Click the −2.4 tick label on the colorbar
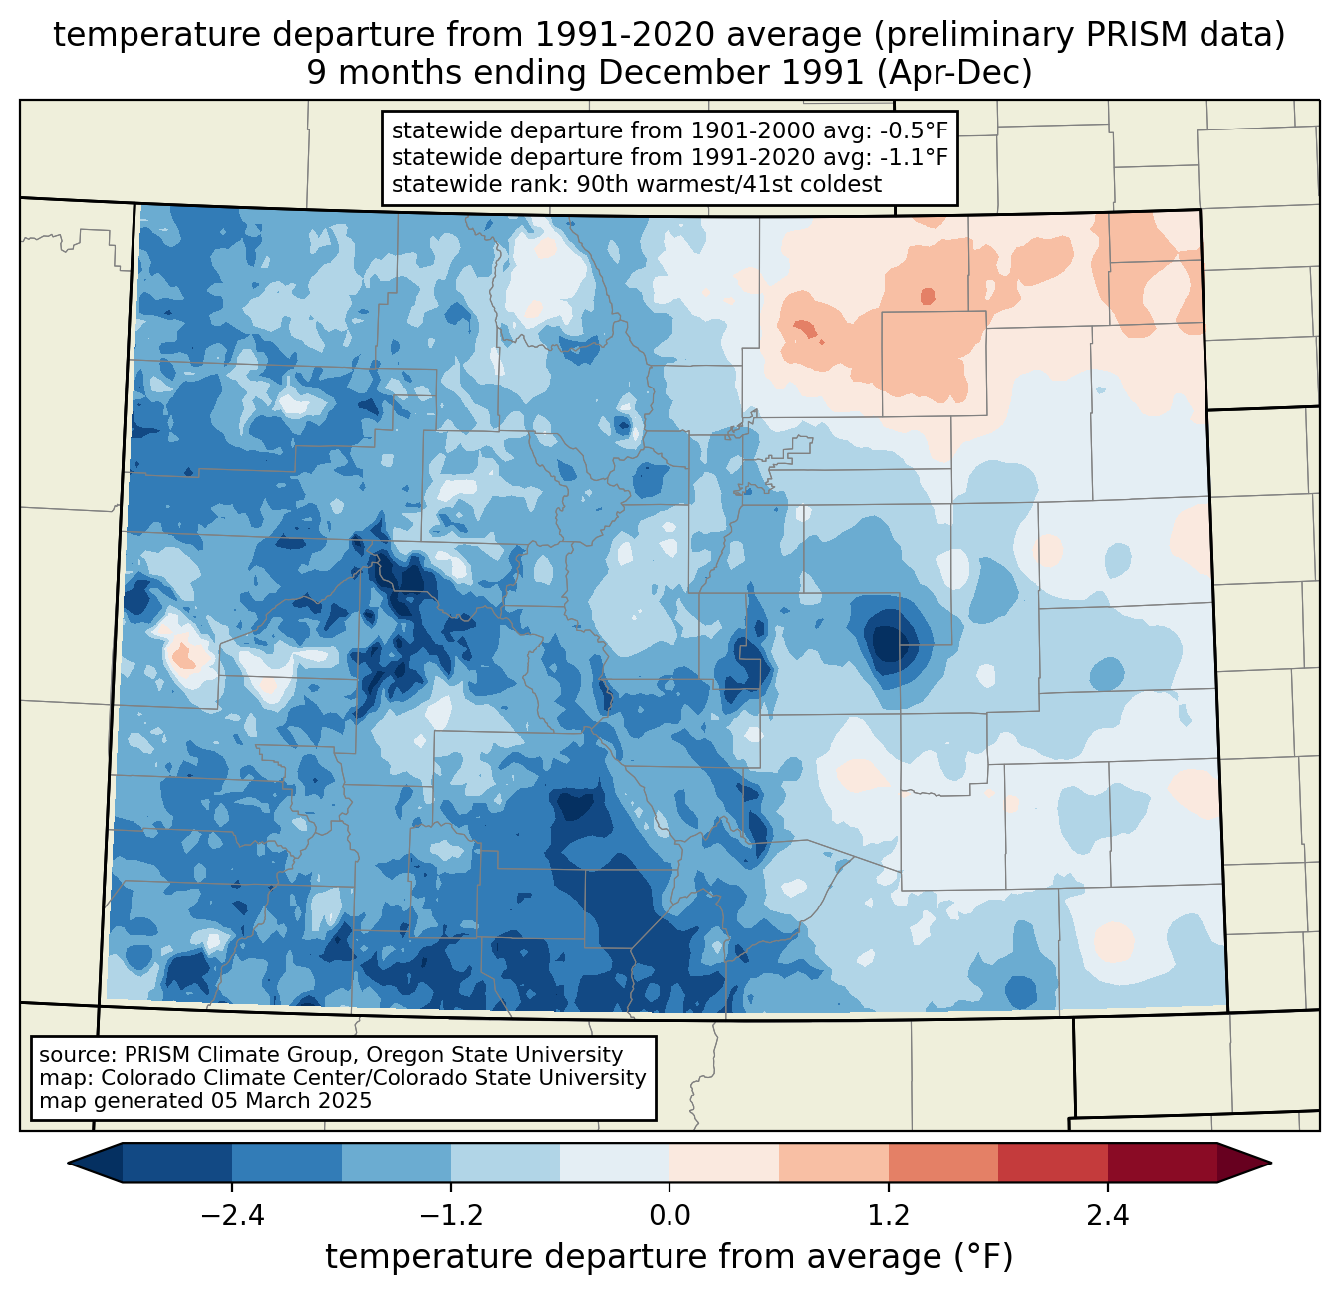point(232,1215)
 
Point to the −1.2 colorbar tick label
point(451,1215)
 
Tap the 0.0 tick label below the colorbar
point(669,1215)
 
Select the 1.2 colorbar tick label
point(889,1215)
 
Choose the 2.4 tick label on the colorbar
point(1108,1215)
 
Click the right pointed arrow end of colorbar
point(1244,1164)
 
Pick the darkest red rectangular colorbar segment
point(1163,1164)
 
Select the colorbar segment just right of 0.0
point(724,1164)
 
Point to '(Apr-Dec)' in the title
point(954,73)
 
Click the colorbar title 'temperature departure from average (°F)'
point(669,1256)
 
